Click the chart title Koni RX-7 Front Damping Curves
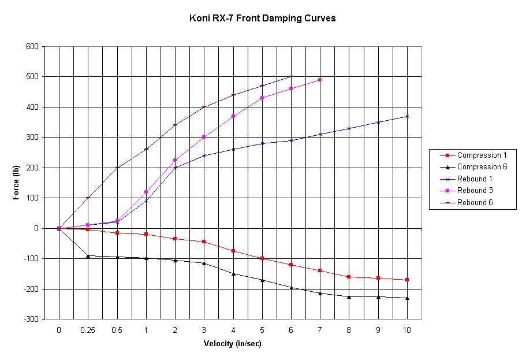click(x=263, y=18)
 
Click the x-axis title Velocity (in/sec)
click(x=233, y=344)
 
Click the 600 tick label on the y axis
click(x=32, y=46)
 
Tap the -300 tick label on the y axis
click(x=31, y=319)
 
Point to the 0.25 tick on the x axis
click(x=88, y=329)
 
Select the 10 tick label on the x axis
click(x=407, y=329)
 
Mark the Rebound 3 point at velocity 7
click(x=320, y=80)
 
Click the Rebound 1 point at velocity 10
click(x=407, y=116)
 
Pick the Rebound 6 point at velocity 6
click(x=291, y=76)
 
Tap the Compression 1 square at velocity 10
click(x=407, y=280)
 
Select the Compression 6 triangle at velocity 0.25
click(x=88, y=255)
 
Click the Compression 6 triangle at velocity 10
click(x=407, y=298)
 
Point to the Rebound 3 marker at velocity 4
click(x=233, y=116)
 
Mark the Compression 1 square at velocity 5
click(x=262, y=258)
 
